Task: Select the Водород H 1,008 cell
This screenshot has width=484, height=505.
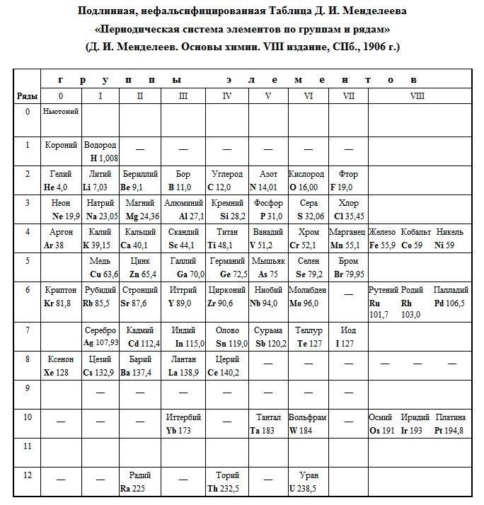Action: click(x=100, y=151)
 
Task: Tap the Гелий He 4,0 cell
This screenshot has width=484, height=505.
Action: click(x=61, y=180)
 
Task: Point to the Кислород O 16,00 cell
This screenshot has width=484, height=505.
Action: click(x=308, y=180)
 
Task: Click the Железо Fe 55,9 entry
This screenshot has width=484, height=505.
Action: click(x=382, y=238)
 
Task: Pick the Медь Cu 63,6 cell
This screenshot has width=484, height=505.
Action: click(x=100, y=267)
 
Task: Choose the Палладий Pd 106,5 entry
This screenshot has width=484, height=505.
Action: click(x=450, y=296)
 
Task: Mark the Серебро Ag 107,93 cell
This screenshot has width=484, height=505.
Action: click(x=100, y=337)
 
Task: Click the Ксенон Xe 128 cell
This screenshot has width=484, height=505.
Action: click(x=61, y=366)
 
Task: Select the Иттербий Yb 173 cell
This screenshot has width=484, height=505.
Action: click(x=183, y=424)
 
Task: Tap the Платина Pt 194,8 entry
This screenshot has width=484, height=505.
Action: click(x=450, y=424)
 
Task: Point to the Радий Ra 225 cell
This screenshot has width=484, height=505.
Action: click(x=139, y=482)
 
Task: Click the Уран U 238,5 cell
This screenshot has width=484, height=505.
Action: click(x=308, y=482)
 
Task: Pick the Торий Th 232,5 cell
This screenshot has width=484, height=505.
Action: click(x=226, y=482)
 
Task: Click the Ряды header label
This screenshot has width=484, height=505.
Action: click(x=27, y=95)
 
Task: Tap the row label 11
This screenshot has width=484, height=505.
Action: click(x=27, y=447)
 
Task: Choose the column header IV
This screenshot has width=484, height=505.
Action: click(x=226, y=95)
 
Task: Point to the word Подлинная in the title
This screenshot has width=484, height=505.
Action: click(x=115, y=12)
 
